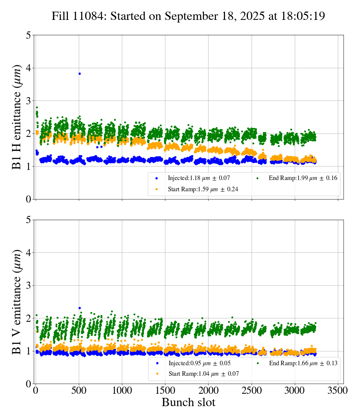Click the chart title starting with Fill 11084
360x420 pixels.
pyautogui.click(x=188, y=16)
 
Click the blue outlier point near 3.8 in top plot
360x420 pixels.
pyautogui.click(x=79, y=73)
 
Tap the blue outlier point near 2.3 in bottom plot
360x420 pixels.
pyautogui.click(x=79, y=308)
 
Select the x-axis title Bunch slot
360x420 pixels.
pyautogui.click(x=189, y=402)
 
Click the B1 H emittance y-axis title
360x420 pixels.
pyautogui.click(x=16, y=117)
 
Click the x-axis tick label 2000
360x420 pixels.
pyautogui.click(x=208, y=391)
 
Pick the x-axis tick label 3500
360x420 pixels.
pyautogui.click(x=338, y=391)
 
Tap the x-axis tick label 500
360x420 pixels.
pyautogui.click(x=79, y=391)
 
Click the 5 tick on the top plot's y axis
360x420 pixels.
pyautogui.click(x=28, y=35)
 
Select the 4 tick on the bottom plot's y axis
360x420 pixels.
pyautogui.click(x=28, y=253)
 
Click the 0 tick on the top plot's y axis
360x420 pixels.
pyautogui.click(x=28, y=199)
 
